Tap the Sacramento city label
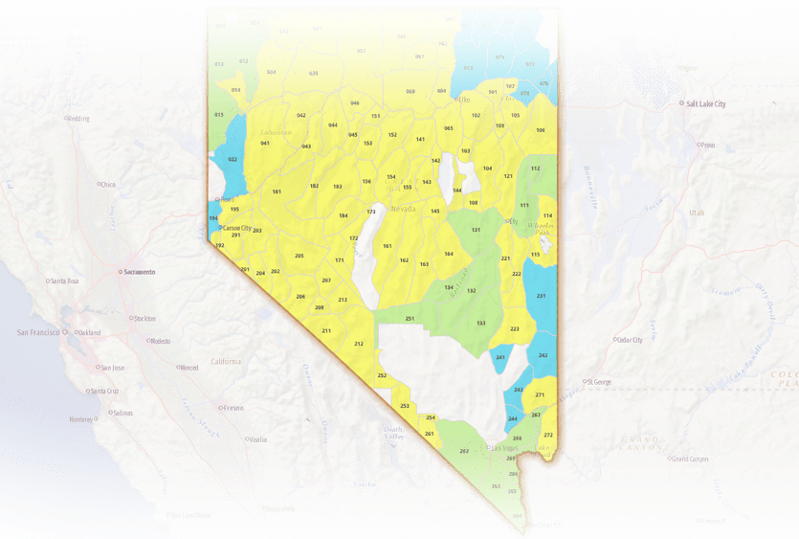point(138,272)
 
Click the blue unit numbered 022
point(233,159)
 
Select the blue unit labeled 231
point(541,296)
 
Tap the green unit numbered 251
point(410,318)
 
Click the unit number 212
point(359,343)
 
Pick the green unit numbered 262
point(464,451)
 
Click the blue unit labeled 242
point(543,355)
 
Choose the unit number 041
point(265,143)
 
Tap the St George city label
point(601,381)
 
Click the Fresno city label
point(233,408)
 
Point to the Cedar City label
point(631,340)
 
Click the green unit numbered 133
point(481,323)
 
